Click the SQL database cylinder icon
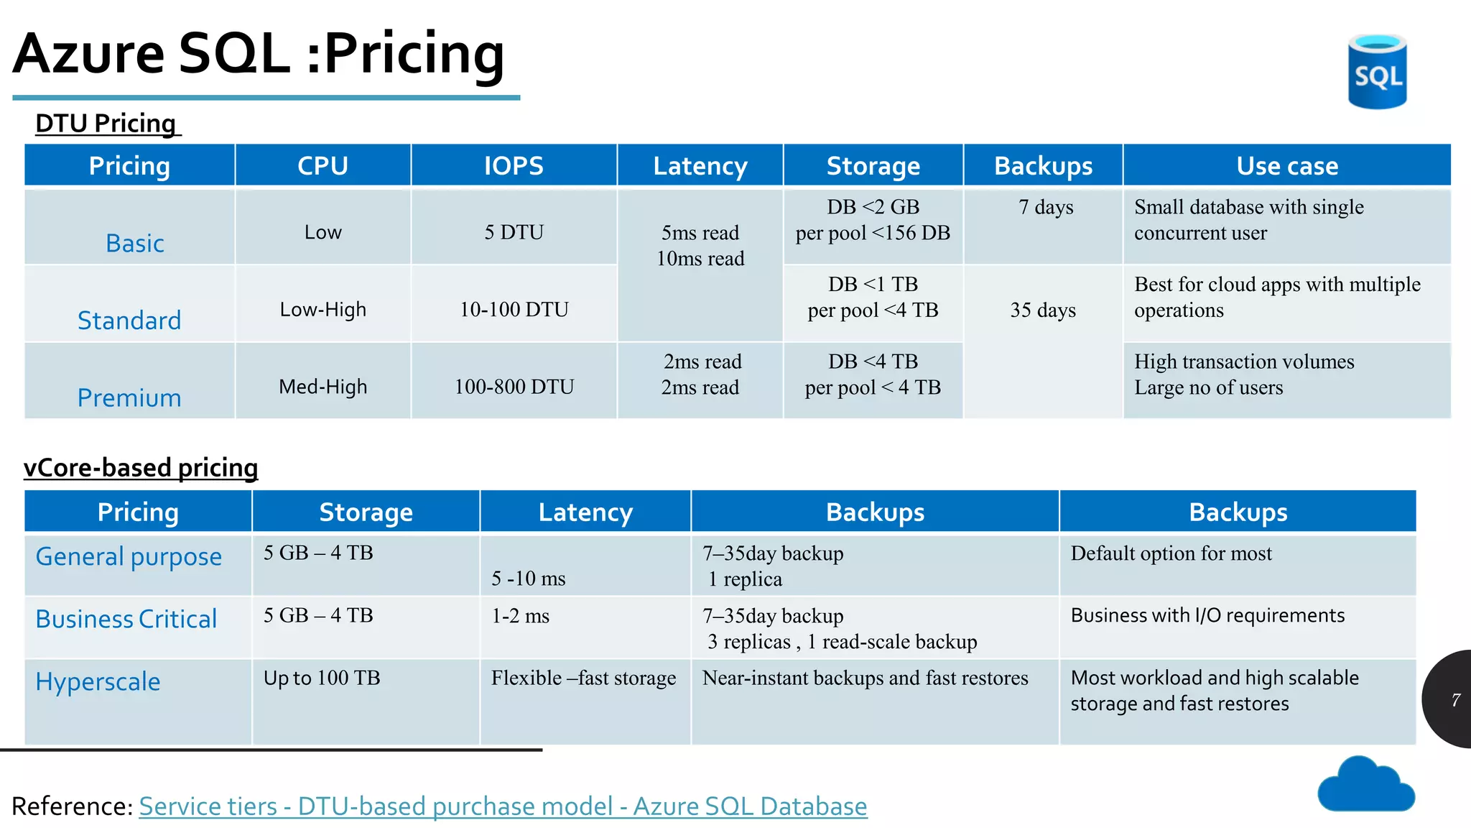[x=1376, y=72]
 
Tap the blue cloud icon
[x=1365, y=786]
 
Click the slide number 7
[x=1455, y=699]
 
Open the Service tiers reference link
[x=503, y=806]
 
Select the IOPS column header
[x=514, y=166]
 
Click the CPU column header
[x=322, y=166]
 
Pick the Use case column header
[x=1286, y=166]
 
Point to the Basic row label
[x=135, y=244]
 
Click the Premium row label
[x=129, y=397]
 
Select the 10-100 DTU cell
[x=514, y=310]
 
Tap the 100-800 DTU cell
[x=514, y=387]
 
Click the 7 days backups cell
[x=1045, y=208]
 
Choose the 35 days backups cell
[x=1043, y=310]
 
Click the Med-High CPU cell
[x=322, y=387]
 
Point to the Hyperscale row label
[x=98, y=681]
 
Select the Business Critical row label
[x=126, y=619]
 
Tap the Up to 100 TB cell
[x=322, y=678]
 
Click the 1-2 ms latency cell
[x=520, y=616]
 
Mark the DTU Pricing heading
[x=106, y=124]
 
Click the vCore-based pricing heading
[x=141, y=468]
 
